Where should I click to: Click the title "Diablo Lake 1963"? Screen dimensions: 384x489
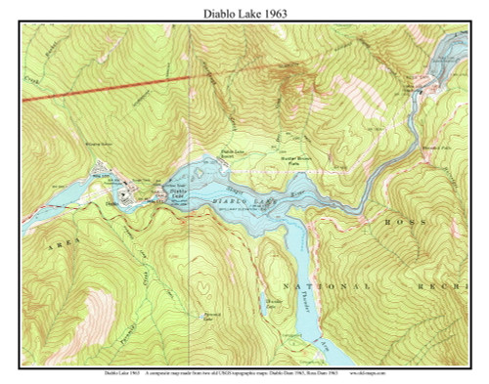pos(244,13)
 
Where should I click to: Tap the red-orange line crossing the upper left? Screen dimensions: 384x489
pos(117,86)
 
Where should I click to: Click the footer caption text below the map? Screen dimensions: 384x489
pos(244,372)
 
